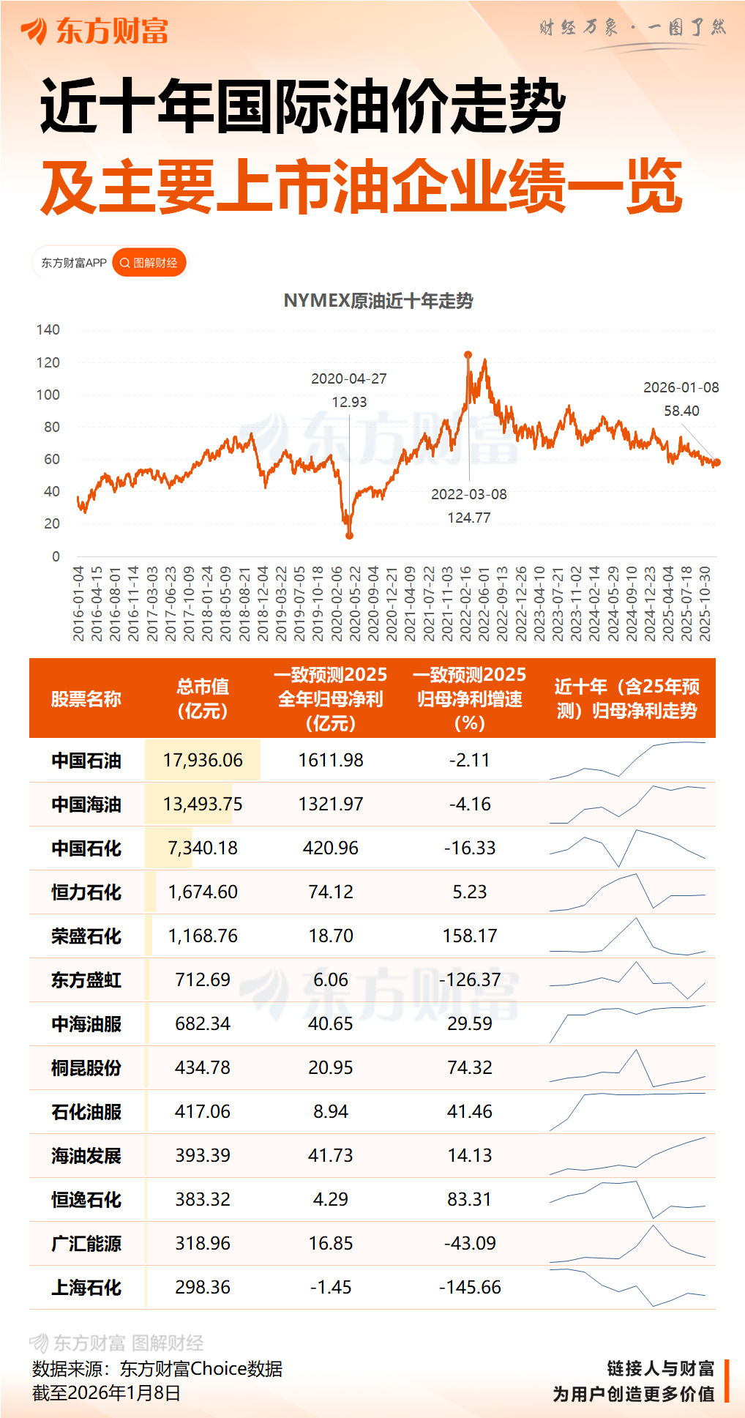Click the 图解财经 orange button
pyautogui.click(x=149, y=263)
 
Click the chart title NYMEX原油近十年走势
pyautogui.click(x=378, y=301)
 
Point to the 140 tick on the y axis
pyautogui.click(x=48, y=329)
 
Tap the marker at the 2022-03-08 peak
pyautogui.click(x=468, y=355)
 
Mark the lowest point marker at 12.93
pyautogui.click(x=350, y=536)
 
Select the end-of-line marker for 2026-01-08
pyautogui.click(x=717, y=462)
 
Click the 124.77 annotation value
pyautogui.click(x=469, y=518)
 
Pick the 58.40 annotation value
pyautogui.click(x=681, y=411)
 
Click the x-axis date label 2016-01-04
pyautogui.click(x=78, y=603)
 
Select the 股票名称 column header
pyautogui.click(x=86, y=699)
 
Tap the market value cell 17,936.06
pyautogui.click(x=203, y=760)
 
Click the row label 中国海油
pyautogui.click(x=86, y=805)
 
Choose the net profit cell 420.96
pyautogui.click(x=331, y=848)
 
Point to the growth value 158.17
pyautogui.click(x=470, y=936)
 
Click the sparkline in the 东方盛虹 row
pyautogui.click(x=628, y=979)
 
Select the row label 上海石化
pyautogui.click(x=86, y=1288)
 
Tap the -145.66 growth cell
pyautogui.click(x=470, y=1287)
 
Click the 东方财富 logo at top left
pyautogui.click(x=95, y=31)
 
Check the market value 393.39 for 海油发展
pyautogui.click(x=203, y=1155)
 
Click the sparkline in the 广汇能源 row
pyautogui.click(x=628, y=1244)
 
